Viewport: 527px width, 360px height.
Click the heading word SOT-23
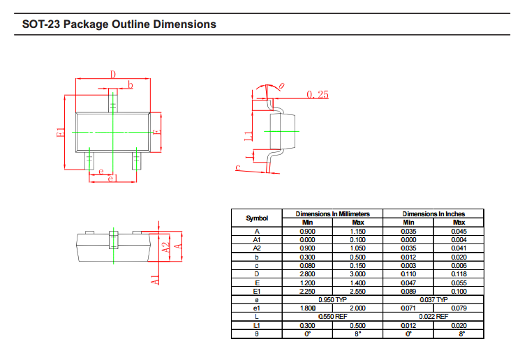(x=41, y=24)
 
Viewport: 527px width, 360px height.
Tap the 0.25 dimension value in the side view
(x=317, y=95)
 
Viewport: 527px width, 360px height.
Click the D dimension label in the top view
(x=112, y=75)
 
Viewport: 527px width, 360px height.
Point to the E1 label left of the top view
(x=61, y=132)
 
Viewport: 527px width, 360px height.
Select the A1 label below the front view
(x=155, y=278)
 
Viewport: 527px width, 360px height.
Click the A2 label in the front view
(x=166, y=247)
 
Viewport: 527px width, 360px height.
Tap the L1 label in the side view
(x=248, y=135)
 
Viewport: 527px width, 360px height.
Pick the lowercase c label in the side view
(x=238, y=167)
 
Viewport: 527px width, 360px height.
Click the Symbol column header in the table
(x=257, y=218)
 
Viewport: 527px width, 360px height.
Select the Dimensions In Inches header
(x=433, y=213)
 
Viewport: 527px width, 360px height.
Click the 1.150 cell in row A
(x=357, y=231)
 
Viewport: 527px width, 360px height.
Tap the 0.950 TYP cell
(x=332, y=299)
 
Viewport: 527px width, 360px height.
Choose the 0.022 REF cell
(x=433, y=316)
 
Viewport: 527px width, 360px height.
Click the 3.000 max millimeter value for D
(x=357, y=273)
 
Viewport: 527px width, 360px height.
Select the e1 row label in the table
(x=257, y=308)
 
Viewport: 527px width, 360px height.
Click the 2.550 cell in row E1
(x=357, y=291)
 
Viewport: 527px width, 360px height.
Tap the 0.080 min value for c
(x=307, y=265)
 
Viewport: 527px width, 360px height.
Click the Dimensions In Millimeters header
(x=332, y=213)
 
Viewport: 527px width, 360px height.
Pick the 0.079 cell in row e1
(x=459, y=308)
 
